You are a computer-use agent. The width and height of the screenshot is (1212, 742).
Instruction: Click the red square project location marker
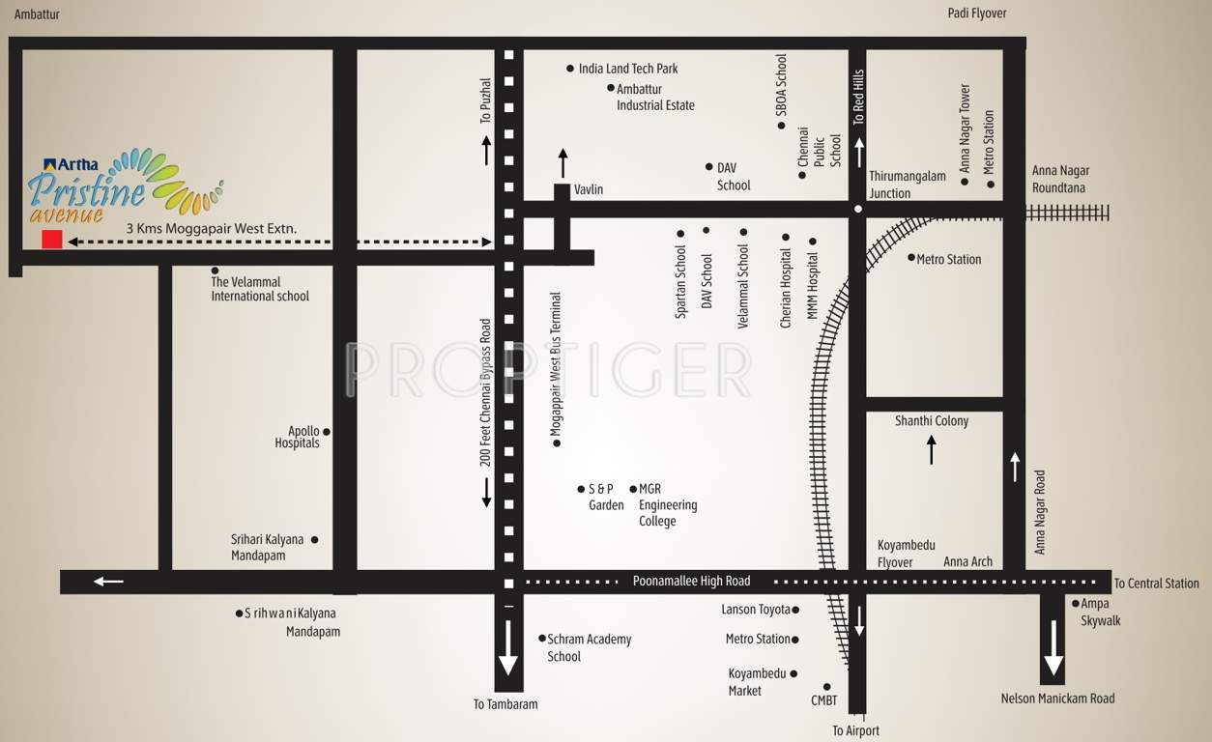click(52, 240)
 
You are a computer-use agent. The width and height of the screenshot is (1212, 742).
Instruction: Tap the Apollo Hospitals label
click(297, 438)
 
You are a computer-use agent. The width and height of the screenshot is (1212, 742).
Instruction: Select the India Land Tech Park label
click(628, 69)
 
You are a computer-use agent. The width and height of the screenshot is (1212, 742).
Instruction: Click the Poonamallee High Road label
click(691, 581)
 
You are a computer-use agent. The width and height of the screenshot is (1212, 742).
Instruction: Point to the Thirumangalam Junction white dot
click(857, 209)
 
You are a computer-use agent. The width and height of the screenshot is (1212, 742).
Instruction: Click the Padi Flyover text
click(977, 14)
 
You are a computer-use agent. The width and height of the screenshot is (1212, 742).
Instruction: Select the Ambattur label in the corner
click(37, 14)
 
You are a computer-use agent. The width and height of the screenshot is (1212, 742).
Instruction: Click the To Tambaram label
click(505, 704)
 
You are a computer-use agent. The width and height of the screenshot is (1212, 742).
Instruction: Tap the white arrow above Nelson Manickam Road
click(1053, 653)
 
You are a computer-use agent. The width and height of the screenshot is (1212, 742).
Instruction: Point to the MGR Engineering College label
click(667, 505)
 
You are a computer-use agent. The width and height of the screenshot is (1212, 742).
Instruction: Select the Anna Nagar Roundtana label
click(1060, 179)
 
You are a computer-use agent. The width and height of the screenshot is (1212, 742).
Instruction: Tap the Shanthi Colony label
click(931, 421)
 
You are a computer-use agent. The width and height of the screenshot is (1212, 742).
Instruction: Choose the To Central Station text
click(1156, 584)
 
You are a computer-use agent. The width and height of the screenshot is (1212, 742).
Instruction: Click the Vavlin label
click(588, 189)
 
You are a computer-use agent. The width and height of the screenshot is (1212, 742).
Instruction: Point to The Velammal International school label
click(260, 289)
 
